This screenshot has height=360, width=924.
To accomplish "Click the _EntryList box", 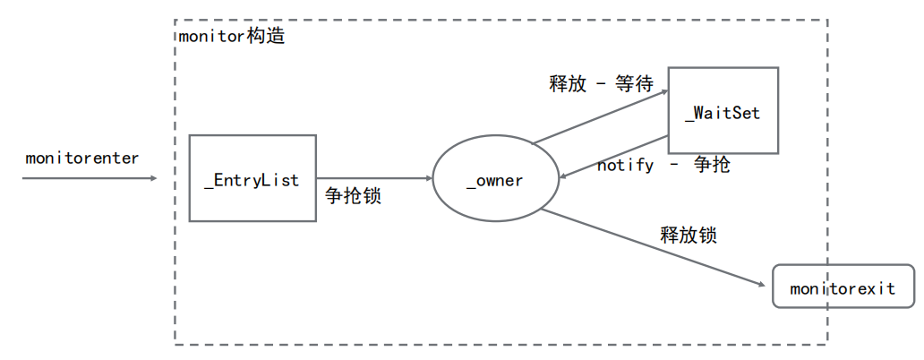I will tap(252, 157).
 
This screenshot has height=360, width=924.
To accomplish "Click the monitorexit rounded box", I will tap(843, 287).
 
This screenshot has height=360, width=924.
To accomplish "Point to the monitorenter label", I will tap(82, 159).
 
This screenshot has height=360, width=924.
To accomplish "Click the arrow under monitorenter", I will tap(90, 178).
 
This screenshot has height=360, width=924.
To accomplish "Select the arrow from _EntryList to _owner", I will tap(374, 179).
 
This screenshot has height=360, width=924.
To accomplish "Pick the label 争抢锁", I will tap(353, 196).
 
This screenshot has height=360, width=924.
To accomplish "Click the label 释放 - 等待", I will tap(601, 84).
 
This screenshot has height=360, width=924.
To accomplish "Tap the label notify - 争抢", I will tap(663, 165).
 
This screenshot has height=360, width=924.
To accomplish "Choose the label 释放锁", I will tap(689, 236).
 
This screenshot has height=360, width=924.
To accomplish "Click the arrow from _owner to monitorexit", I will tap(654, 248).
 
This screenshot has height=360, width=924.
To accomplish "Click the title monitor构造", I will tap(232, 39).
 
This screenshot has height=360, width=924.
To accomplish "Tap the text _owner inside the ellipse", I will tap(495, 181).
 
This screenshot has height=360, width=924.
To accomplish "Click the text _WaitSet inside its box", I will tap(723, 115).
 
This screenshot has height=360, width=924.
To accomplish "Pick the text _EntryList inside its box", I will tap(252, 180).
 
